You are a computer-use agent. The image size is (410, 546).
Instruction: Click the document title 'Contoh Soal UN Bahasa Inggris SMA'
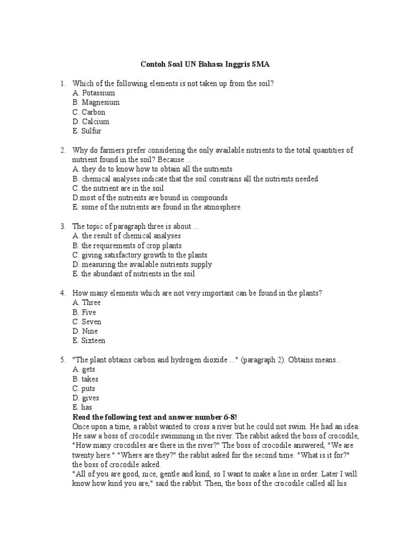pyautogui.click(x=205, y=65)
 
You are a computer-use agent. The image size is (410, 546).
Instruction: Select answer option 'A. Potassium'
pyautogui.click(x=94, y=93)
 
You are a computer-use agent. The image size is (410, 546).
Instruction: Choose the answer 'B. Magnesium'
pyautogui.click(x=96, y=102)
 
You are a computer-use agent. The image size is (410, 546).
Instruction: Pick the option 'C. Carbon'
pyautogui.click(x=89, y=112)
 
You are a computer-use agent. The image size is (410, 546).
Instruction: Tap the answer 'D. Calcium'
pyautogui.click(x=91, y=122)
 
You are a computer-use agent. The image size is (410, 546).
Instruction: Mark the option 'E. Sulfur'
pyautogui.click(x=87, y=131)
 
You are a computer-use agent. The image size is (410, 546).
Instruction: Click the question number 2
pyautogui.click(x=62, y=150)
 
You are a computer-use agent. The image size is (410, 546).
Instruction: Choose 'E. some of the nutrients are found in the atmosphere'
pyautogui.click(x=156, y=207)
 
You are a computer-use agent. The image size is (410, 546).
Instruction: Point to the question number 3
pyautogui.click(x=62, y=226)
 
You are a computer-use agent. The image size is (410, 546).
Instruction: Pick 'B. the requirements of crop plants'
pyautogui.click(x=127, y=246)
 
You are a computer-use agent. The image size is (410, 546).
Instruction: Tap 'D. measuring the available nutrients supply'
pyautogui.click(x=142, y=264)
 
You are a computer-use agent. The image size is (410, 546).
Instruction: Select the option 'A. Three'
pyautogui.click(x=86, y=303)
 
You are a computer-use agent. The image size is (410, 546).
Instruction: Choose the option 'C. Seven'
pyautogui.click(x=87, y=322)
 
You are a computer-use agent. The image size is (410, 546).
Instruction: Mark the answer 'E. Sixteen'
pyautogui.click(x=89, y=341)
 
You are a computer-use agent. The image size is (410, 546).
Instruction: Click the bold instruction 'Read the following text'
pyautogui.click(x=113, y=417)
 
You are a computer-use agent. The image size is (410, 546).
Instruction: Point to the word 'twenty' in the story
pyautogui.click(x=83, y=455)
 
